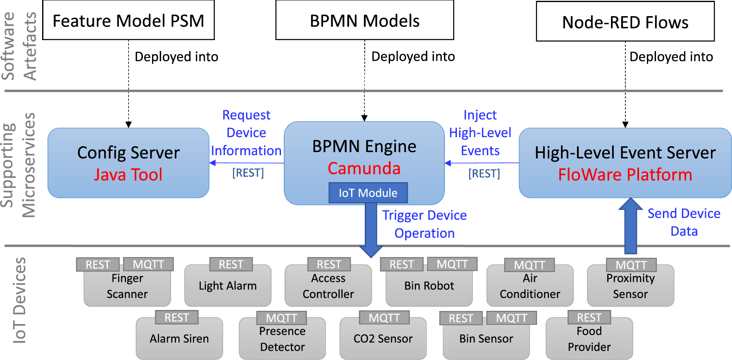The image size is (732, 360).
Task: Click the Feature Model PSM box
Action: (x=128, y=20)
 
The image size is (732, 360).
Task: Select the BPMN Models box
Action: (x=364, y=20)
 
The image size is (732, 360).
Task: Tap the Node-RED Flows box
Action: (x=625, y=21)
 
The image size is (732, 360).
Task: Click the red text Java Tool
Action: (x=128, y=174)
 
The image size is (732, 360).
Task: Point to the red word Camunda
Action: (x=364, y=168)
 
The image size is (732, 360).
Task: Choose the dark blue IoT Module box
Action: (x=368, y=193)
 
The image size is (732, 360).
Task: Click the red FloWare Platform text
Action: (x=625, y=174)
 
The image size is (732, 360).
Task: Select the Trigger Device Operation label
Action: (x=424, y=224)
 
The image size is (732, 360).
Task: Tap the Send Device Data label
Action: (x=684, y=222)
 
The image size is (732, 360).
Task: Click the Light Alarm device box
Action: (x=228, y=286)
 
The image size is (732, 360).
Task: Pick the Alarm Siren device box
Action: (x=179, y=339)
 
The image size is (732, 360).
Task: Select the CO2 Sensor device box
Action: (x=383, y=339)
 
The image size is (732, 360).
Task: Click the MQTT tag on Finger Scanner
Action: (x=148, y=265)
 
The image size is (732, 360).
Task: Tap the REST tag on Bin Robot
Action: (x=402, y=265)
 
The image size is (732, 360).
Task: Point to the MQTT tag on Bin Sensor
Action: (x=511, y=318)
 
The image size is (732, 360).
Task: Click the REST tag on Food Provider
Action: (x=589, y=317)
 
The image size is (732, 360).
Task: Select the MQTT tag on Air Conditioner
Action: (x=529, y=265)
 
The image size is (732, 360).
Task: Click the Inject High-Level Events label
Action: (x=480, y=133)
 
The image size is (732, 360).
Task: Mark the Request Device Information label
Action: (x=246, y=133)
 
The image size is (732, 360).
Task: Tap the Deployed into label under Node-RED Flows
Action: (x=671, y=57)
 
